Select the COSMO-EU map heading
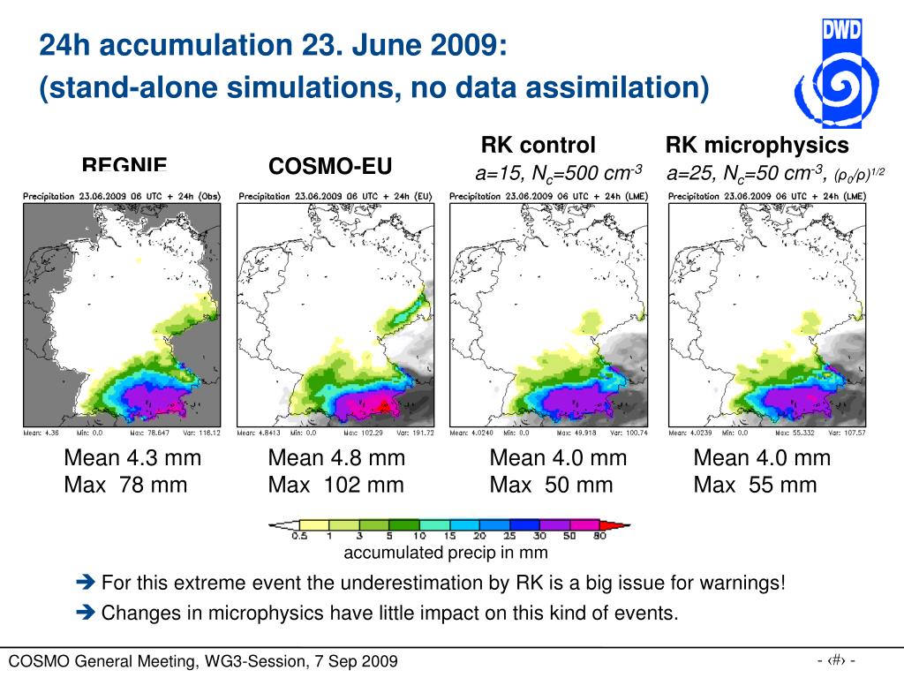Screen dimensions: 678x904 (330, 166)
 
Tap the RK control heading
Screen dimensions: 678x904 (538, 145)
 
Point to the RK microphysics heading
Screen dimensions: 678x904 (757, 145)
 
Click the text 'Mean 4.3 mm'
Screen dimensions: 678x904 (132, 458)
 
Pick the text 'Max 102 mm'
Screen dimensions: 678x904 (335, 485)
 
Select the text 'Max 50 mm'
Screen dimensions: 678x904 (551, 485)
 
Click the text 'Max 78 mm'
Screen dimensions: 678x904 (125, 485)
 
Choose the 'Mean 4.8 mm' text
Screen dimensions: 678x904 (336, 458)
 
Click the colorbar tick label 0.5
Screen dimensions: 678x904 (299, 536)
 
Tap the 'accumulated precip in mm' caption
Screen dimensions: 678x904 (445, 553)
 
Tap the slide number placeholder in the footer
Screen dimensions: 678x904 (836, 659)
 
